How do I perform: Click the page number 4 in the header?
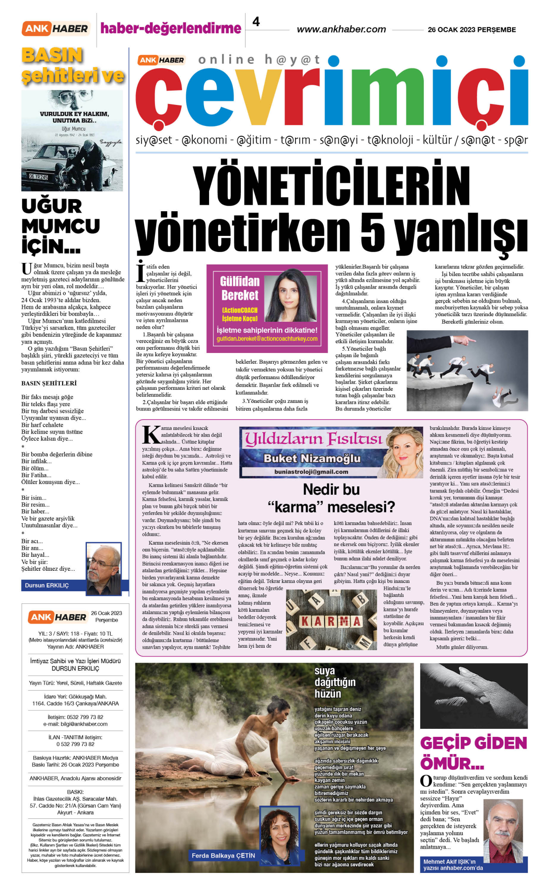[x=256, y=21]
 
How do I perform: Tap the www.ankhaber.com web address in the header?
[x=341, y=29]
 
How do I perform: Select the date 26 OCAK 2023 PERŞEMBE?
[x=472, y=29]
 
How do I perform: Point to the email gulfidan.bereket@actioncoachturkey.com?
[x=267, y=339]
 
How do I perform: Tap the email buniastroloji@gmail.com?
[x=311, y=471]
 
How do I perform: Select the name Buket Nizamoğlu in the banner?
[x=312, y=458]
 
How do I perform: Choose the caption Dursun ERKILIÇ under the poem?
[x=47, y=585]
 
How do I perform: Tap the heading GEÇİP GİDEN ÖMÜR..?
[x=473, y=753]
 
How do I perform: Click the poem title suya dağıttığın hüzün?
[x=335, y=682]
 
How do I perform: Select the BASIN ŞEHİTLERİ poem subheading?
[x=49, y=383]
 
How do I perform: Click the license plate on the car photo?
[x=38, y=177]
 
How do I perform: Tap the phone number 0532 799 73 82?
[x=75, y=717]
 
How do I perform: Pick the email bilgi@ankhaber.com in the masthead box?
[x=75, y=724]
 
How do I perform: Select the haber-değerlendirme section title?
[x=171, y=28]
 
